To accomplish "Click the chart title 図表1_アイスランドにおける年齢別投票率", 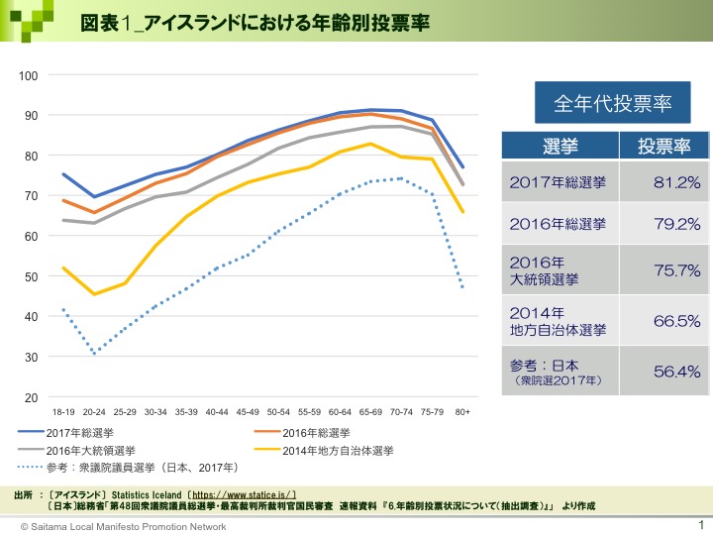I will pyautogui.click(x=255, y=22).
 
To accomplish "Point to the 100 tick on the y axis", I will pyautogui.click(x=28, y=75).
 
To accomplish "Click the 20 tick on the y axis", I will pyautogui.click(x=32, y=397).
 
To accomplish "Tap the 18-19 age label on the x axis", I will pyautogui.click(x=63, y=410).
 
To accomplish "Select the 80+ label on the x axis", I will pyautogui.click(x=462, y=410).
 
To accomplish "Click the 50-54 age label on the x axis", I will pyautogui.click(x=278, y=410).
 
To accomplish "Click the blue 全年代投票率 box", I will pyautogui.click(x=605, y=102).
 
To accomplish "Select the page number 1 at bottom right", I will pyautogui.click(x=700, y=524).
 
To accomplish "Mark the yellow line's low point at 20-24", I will pyautogui.click(x=94, y=294).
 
